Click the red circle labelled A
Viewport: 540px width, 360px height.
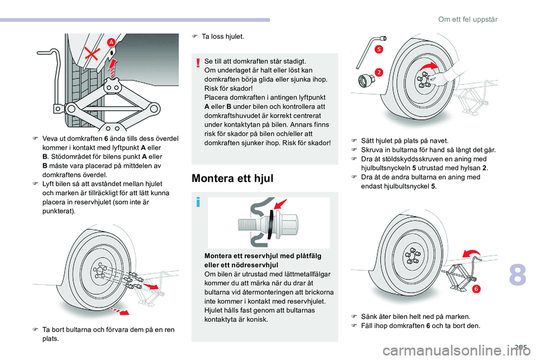pos(111,42)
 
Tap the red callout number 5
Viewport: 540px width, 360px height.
pos(379,49)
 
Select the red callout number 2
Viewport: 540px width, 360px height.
pos(379,72)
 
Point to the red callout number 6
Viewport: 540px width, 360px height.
pos(475,289)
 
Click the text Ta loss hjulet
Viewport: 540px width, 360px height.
pos(223,37)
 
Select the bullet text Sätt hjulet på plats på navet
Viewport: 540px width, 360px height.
pos(400,140)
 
